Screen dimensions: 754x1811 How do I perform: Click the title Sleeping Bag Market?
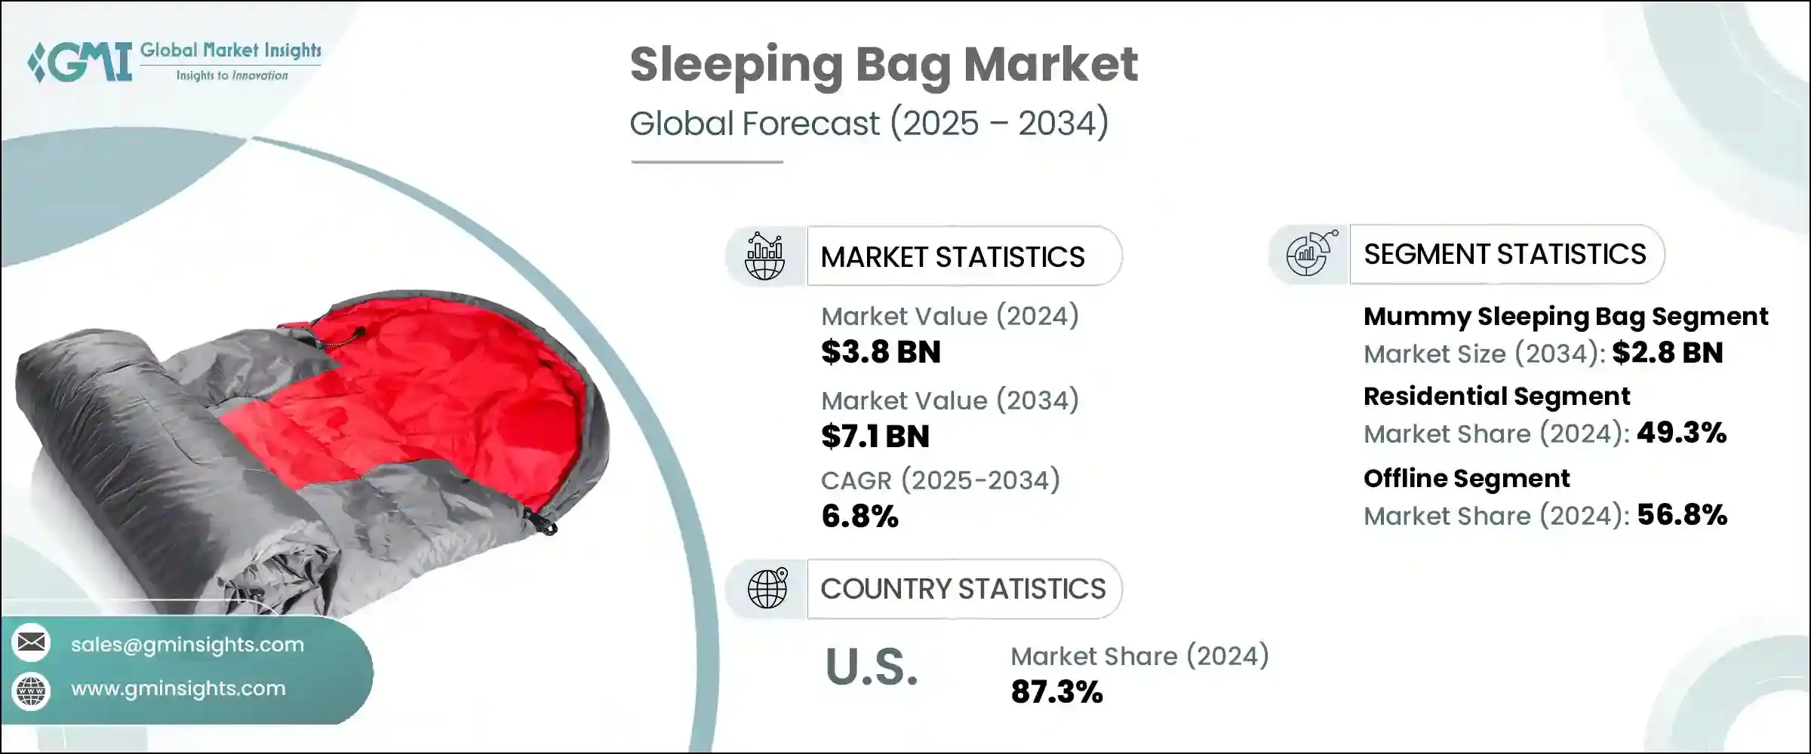(x=883, y=65)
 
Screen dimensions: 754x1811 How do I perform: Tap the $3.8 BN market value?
(x=881, y=352)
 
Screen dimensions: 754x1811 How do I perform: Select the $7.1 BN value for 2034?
(x=875, y=437)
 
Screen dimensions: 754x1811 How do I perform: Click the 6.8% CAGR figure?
(x=859, y=516)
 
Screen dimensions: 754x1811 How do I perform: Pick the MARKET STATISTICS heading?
(x=952, y=257)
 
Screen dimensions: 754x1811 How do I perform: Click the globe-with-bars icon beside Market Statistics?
(x=764, y=257)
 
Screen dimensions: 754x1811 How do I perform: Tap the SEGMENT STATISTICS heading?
(x=1504, y=255)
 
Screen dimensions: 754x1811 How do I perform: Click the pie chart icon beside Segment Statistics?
(x=1310, y=255)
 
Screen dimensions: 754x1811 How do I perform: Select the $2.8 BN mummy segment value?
(x=1667, y=353)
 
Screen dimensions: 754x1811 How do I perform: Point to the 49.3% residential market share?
(x=1681, y=434)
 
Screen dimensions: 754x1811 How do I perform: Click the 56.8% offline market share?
(x=1682, y=516)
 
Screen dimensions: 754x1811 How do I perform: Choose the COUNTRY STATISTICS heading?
(x=963, y=589)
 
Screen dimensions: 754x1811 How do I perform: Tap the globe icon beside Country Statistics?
(x=767, y=589)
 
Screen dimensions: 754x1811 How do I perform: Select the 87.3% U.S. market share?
(x=1056, y=692)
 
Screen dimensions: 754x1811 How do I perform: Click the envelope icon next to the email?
(x=32, y=643)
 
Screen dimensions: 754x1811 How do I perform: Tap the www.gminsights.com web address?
(x=178, y=688)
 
